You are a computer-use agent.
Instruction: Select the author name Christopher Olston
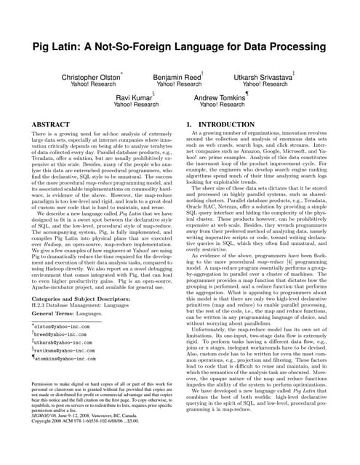click(x=90, y=76)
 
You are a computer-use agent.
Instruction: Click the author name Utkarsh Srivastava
click(x=263, y=76)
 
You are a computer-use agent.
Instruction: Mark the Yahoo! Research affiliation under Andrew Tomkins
click(x=223, y=105)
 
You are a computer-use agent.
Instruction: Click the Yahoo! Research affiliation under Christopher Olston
click(x=90, y=84)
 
